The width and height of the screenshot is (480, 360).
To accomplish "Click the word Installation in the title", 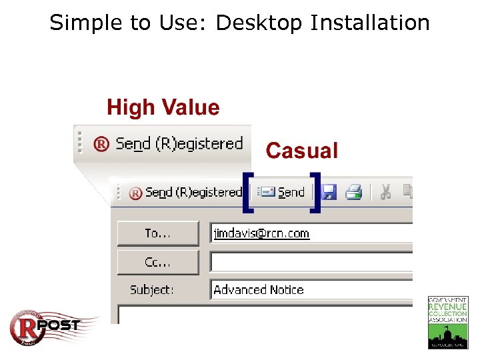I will (369, 23).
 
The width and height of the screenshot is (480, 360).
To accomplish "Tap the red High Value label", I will (163, 107).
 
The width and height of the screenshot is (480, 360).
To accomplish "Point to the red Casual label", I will (302, 151).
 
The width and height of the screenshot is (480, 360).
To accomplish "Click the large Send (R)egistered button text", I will (179, 143).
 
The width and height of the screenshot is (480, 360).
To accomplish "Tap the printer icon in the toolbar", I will (353, 193).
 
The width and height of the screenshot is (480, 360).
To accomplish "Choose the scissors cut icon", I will (385, 193).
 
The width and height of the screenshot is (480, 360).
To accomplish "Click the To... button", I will (158, 233).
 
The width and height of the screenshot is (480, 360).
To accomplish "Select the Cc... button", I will (158, 262).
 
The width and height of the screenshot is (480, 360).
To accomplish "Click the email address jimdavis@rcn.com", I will (261, 233).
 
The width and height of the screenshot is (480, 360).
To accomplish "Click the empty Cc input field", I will (310, 262).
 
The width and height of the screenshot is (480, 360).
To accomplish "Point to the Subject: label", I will (152, 290).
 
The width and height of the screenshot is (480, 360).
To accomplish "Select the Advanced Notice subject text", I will (259, 290).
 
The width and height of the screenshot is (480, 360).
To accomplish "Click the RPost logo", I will (45, 327).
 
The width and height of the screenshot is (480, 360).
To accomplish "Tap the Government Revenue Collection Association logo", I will (447, 322).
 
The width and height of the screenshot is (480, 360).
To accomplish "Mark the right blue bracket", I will (315, 192).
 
